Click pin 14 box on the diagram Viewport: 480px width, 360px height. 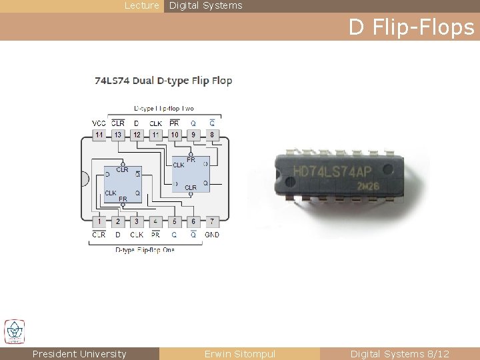pos(99,135)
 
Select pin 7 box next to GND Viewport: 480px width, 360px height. pos(212,221)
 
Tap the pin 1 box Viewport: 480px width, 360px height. pos(99,221)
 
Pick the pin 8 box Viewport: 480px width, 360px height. pos(212,135)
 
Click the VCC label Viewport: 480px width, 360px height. pos(99,123)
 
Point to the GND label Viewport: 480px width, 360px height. pos(212,235)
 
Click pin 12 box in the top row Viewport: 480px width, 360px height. pos(137,135)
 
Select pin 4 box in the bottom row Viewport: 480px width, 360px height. pos(155,221)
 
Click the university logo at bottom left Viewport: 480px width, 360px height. pos(15,331)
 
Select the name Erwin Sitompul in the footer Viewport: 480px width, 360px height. pos(239,354)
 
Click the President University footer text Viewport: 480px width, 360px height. pos(79,354)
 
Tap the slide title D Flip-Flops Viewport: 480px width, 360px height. pos(411,27)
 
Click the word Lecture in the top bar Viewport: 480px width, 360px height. pos(142,5)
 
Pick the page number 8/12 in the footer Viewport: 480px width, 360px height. pos(437,354)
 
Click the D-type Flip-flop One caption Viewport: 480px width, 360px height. pos(145,250)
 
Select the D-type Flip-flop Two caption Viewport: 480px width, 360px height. pos(164,108)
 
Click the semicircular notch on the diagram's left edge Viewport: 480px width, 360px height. pos(85,179)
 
